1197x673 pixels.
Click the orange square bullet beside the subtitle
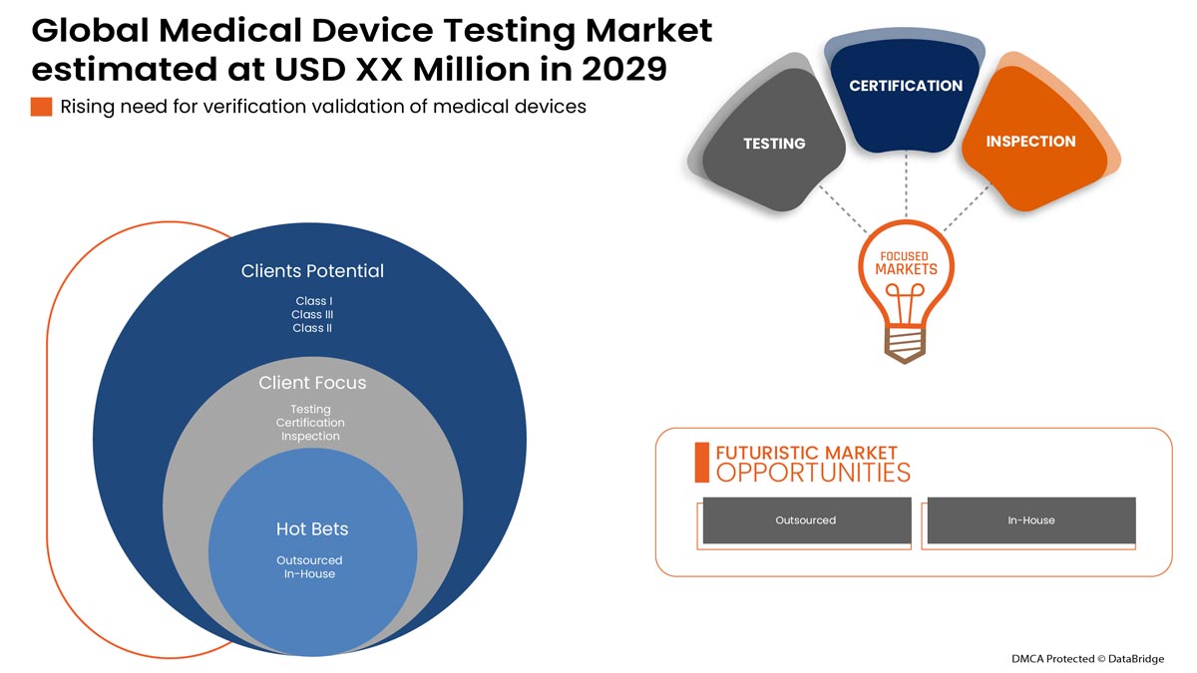click(41, 107)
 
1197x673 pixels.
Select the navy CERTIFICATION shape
click(906, 94)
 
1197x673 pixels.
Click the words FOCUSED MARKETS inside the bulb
click(906, 263)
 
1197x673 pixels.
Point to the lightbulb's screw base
click(905, 344)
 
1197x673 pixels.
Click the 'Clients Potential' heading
click(312, 271)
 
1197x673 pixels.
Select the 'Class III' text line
click(312, 315)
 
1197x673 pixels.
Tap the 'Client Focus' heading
click(312, 383)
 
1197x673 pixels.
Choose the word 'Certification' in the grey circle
click(310, 423)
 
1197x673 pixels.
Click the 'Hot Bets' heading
click(312, 528)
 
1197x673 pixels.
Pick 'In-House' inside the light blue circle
click(309, 574)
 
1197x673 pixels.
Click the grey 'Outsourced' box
click(807, 520)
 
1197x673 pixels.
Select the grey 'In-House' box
click(1031, 520)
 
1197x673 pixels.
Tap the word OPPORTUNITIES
click(813, 474)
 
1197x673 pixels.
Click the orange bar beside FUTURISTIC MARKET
click(701, 463)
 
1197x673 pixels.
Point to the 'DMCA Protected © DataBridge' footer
click(1087, 659)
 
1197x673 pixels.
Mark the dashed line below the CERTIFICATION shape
click(906, 185)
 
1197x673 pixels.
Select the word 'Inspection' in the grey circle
click(310, 437)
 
